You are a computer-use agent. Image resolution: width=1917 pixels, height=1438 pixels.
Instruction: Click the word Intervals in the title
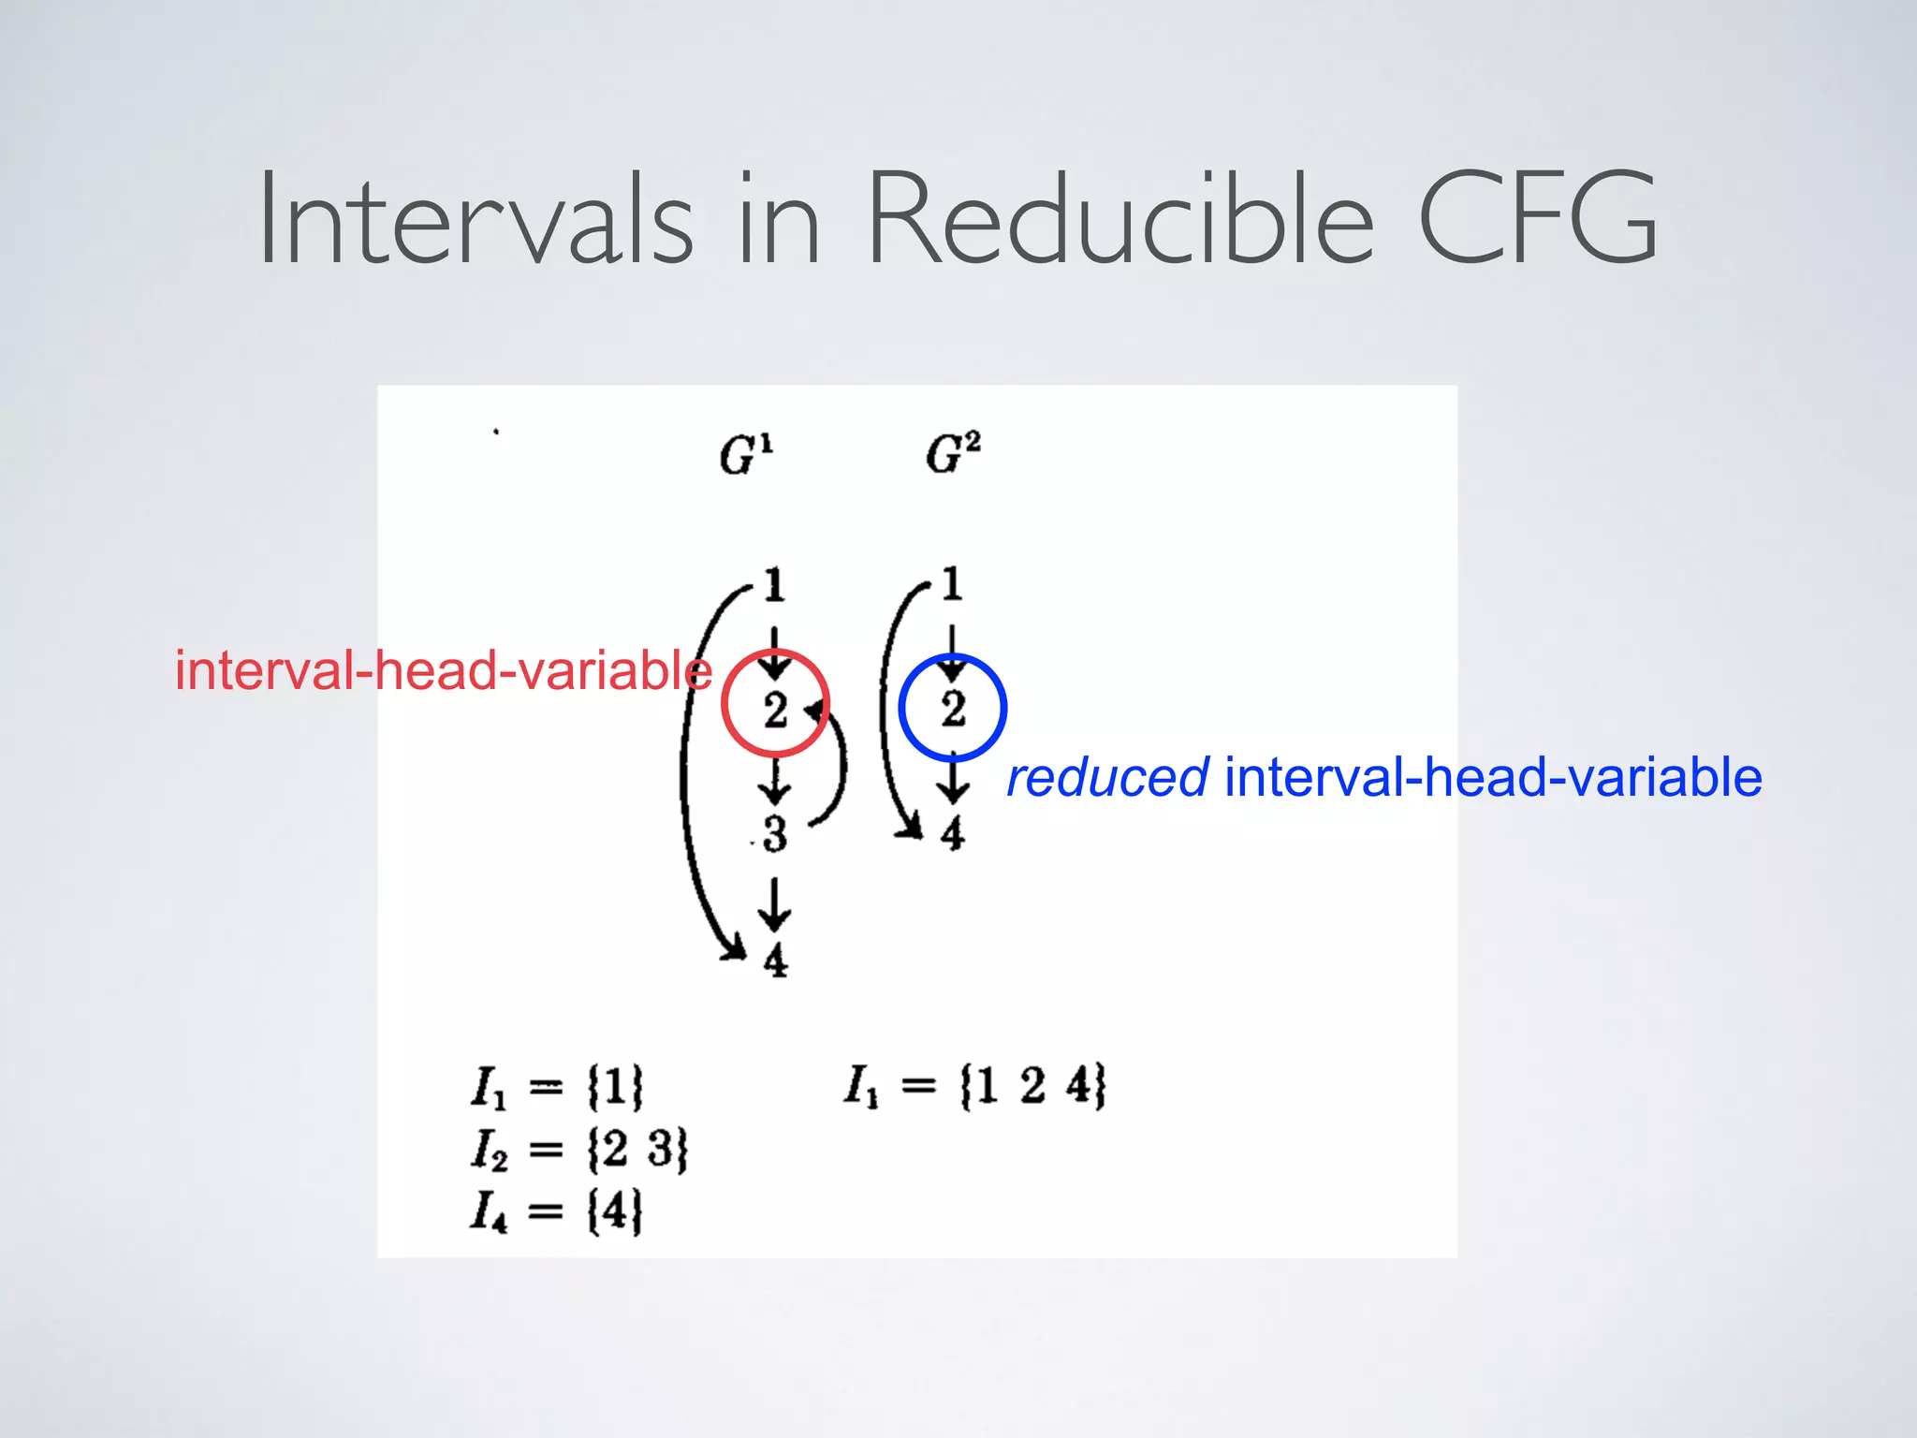pos(476,220)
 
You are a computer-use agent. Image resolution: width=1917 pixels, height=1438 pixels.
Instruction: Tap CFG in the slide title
pos(1537,220)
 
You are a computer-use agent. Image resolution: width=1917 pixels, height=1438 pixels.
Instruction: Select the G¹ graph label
pos(746,455)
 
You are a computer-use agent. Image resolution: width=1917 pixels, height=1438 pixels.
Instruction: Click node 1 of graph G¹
pos(774,585)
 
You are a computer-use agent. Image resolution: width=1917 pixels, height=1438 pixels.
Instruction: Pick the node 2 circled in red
pos(775,710)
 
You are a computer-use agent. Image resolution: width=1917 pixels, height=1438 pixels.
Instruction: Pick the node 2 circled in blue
pos(953,708)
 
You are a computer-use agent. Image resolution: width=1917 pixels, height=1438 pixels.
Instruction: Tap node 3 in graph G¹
pos(774,834)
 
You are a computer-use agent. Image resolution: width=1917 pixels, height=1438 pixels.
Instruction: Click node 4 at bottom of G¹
pos(775,961)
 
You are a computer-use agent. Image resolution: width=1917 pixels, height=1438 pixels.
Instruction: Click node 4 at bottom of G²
pos(952,832)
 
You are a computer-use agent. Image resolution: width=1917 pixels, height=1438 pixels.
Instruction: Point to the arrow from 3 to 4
pos(774,903)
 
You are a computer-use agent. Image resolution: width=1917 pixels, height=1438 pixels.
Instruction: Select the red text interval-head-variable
pos(444,671)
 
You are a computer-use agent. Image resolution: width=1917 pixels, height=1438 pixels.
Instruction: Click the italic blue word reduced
pos(1106,778)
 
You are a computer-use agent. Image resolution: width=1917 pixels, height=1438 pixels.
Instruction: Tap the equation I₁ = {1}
pos(557,1087)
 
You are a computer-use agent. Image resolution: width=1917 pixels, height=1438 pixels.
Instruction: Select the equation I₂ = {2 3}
pos(578,1149)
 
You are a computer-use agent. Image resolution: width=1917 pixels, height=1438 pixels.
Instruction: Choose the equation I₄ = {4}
pos(557,1211)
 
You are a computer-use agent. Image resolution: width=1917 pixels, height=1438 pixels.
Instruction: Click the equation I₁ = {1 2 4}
pos(974,1086)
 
